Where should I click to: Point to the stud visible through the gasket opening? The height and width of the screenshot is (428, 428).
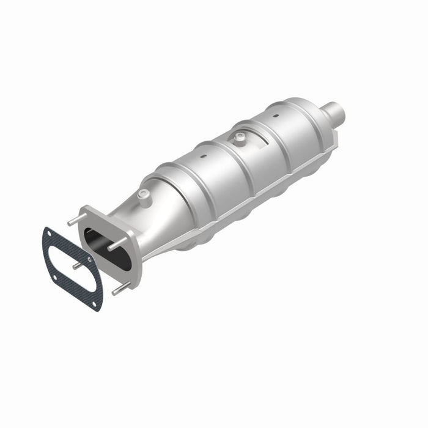[76, 267]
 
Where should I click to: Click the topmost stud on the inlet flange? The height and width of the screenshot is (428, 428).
[73, 221]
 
